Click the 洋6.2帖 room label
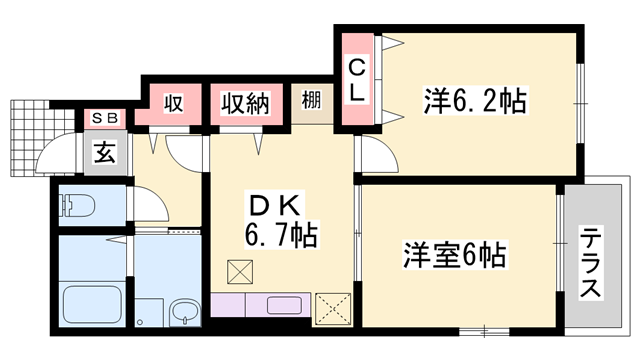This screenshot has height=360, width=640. point(475,100)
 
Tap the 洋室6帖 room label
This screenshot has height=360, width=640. point(454,255)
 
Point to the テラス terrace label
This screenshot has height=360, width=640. point(590,262)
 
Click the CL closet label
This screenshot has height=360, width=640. point(357,80)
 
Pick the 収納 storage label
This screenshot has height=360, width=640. point(246,103)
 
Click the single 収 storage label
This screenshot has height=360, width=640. point(172,103)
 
